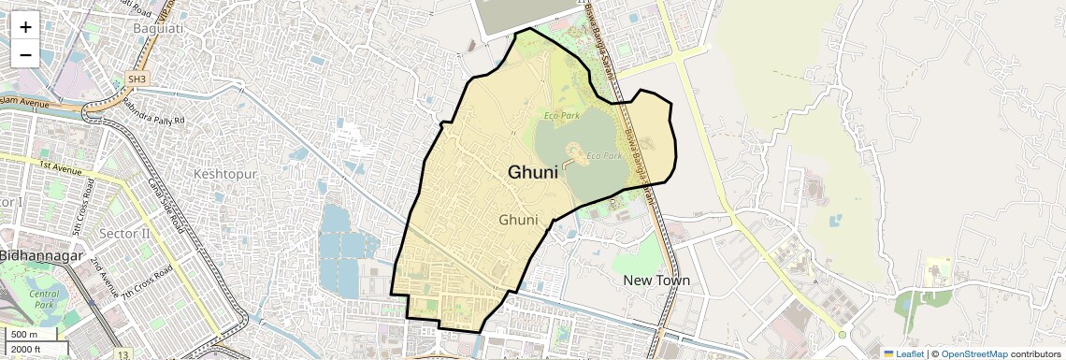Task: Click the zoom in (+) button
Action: point(25,27)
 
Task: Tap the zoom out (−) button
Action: point(25,54)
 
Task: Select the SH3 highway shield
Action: point(137,79)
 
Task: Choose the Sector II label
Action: point(123,232)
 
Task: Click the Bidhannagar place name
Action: point(42,255)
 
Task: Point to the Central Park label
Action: point(43,299)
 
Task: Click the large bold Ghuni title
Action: point(533,172)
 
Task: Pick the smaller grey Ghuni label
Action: point(519,221)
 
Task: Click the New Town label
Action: point(656,281)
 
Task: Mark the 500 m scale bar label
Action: point(24,335)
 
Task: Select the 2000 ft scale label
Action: point(25,350)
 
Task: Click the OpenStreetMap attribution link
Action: point(973,353)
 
